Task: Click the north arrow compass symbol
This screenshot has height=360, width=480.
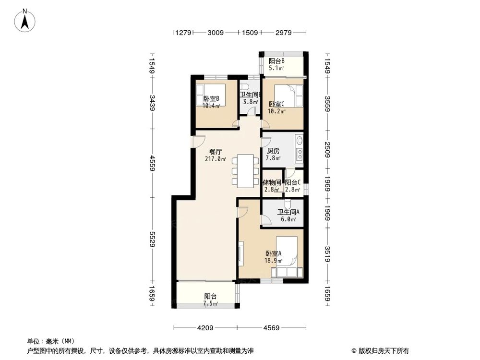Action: coord(25,21)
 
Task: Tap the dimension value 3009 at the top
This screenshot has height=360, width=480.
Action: coord(216,33)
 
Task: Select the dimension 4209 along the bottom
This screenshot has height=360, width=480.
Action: coord(205,328)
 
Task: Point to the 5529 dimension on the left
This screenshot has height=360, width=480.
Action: coord(152,239)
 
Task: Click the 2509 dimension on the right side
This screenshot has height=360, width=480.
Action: coord(327,150)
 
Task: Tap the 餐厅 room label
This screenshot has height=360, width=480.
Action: coord(216,152)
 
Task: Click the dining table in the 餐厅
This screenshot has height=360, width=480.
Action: coord(245,170)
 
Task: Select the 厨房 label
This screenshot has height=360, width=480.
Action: coord(273,151)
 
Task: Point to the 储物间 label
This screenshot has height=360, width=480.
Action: coord(272,182)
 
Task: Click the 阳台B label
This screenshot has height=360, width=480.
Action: coord(277,61)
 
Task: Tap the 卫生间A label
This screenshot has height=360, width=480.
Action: coord(288,212)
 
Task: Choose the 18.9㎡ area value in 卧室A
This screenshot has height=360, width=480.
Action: coord(274,261)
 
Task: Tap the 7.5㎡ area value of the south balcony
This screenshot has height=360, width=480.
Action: coord(211,303)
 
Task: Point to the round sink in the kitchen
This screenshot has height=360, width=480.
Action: coord(299,141)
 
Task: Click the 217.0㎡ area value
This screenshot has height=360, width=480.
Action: coord(216,159)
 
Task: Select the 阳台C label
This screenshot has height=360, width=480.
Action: coord(293,182)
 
